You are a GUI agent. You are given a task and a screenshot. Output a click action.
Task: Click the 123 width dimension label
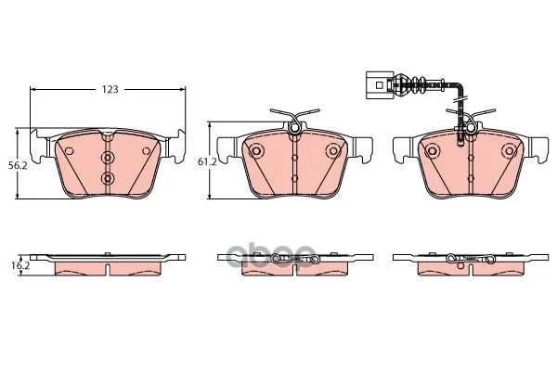110,89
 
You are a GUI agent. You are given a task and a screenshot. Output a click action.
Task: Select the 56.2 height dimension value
18,165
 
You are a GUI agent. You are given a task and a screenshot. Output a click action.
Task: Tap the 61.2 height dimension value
207,162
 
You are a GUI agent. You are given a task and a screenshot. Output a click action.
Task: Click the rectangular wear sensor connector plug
380,85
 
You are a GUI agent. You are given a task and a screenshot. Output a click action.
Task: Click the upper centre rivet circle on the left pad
108,157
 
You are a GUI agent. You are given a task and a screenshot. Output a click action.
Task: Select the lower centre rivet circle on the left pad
108,178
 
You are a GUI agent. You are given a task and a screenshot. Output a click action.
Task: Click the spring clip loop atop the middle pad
294,127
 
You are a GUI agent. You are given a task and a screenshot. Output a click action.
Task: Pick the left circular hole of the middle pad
255,151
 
